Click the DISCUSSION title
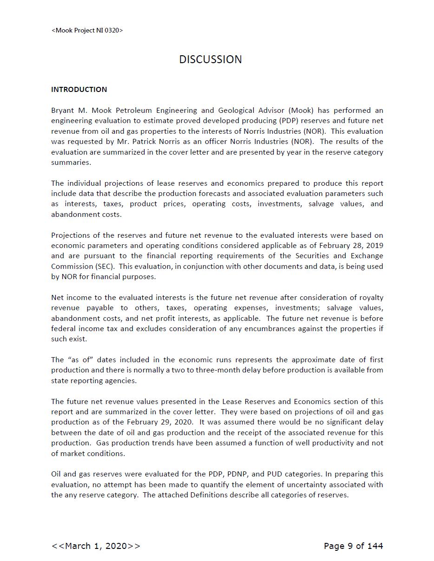pos(210,59)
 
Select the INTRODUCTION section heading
pos(79,89)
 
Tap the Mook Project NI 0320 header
pos(87,31)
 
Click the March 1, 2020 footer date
pos(96,546)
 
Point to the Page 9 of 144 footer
pos(353,546)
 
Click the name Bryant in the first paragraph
pos(63,111)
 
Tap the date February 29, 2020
pos(161,422)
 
